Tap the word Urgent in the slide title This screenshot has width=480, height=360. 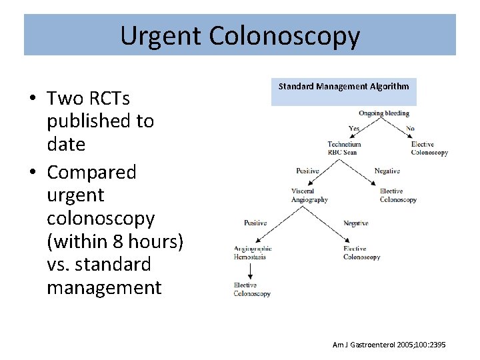pyautogui.click(x=160, y=35)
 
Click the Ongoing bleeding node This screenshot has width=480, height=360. pyautogui.click(x=383, y=113)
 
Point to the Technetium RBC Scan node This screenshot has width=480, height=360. pyautogui.click(x=344, y=148)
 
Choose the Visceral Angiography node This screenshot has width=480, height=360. pyautogui.click(x=309, y=195)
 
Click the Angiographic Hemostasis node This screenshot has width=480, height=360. pyautogui.click(x=252, y=253)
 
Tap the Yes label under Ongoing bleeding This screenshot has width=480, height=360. pyautogui.click(x=355, y=128)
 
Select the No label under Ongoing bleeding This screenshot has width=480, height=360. pyautogui.click(x=410, y=128)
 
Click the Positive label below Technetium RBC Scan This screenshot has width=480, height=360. pyautogui.click(x=308, y=171)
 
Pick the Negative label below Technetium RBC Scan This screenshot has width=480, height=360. pyautogui.click(x=387, y=171)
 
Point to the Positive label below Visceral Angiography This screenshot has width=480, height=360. pyautogui.click(x=255, y=223)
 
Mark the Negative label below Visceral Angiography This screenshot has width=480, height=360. pyautogui.click(x=355, y=223)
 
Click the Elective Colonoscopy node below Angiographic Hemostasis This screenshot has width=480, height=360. pyautogui.click(x=252, y=289)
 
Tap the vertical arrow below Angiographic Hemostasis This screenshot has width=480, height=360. pyautogui.click(x=249, y=271)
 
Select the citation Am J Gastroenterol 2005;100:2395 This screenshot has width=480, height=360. pyautogui.click(x=389, y=345)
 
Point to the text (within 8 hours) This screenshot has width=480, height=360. pyautogui.click(x=115, y=241)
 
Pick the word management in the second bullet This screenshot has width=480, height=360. pyautogui.click(x=104, y=287)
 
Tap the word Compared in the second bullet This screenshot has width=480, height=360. pyautogui.click(x=91, y=172)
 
